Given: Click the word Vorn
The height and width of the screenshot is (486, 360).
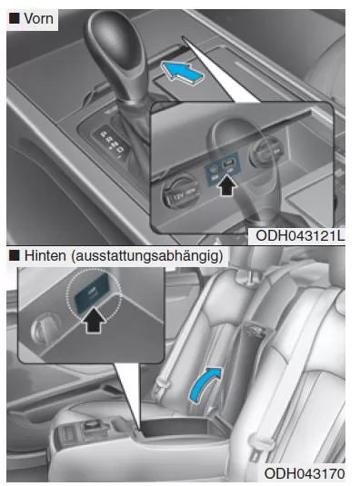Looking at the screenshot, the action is click(x=38, y=18).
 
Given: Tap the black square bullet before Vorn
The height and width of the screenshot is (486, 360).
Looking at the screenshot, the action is click(x=15, y=18).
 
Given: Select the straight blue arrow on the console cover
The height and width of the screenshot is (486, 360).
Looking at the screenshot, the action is click(x=183, y=72).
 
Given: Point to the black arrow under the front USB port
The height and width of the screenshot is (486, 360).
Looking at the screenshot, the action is click(x=227, y=185).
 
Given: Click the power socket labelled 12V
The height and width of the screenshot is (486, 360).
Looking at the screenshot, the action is click(x=181, y=193).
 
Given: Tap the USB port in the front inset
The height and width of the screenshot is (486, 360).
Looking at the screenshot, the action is click(x=230, y=164).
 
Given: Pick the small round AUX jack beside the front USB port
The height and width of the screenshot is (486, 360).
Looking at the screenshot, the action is click(x=214, y=169).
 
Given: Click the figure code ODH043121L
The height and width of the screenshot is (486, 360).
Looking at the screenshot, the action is click(x=299, y=236).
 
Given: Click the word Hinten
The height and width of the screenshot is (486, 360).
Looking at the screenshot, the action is click(x=45, y=255).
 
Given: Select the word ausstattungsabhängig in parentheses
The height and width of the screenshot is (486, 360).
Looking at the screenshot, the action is click(x=147, y=256).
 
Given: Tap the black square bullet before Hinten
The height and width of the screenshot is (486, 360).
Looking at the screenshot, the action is click(x=15, y=255).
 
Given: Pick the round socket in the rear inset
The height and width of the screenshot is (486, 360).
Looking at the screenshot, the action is click(x=45, y=329).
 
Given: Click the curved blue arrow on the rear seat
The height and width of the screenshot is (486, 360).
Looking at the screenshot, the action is click(x=205, y=384).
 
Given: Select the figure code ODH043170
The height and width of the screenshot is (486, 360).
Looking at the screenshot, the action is click(x=305, y=473).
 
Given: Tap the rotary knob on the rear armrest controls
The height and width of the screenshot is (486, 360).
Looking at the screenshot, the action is click(x=91, y=424).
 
